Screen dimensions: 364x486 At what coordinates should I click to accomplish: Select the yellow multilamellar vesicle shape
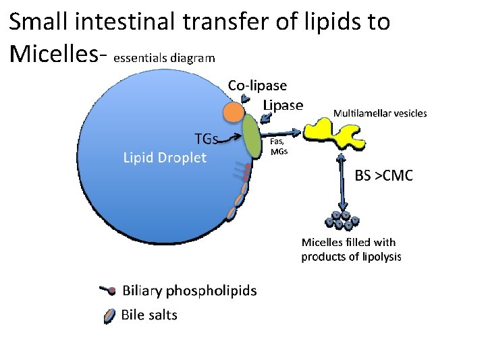330,132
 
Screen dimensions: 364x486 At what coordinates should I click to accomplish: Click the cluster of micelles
342,220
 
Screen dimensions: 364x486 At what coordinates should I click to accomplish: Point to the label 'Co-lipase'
257,86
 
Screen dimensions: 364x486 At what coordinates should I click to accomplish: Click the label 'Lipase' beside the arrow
283,105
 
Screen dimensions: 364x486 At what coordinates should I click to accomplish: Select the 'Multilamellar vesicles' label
380,113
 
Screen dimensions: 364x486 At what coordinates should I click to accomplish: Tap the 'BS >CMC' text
384,176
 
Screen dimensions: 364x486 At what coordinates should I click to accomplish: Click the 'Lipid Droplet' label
165,158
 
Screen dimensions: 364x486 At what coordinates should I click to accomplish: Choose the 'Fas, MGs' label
279,146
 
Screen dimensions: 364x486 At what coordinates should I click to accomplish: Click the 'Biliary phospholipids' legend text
189,291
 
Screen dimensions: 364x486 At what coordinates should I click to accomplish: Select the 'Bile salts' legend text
148,314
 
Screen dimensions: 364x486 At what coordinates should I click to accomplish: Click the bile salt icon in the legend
110,315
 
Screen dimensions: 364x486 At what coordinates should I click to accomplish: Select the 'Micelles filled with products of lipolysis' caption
351,249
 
